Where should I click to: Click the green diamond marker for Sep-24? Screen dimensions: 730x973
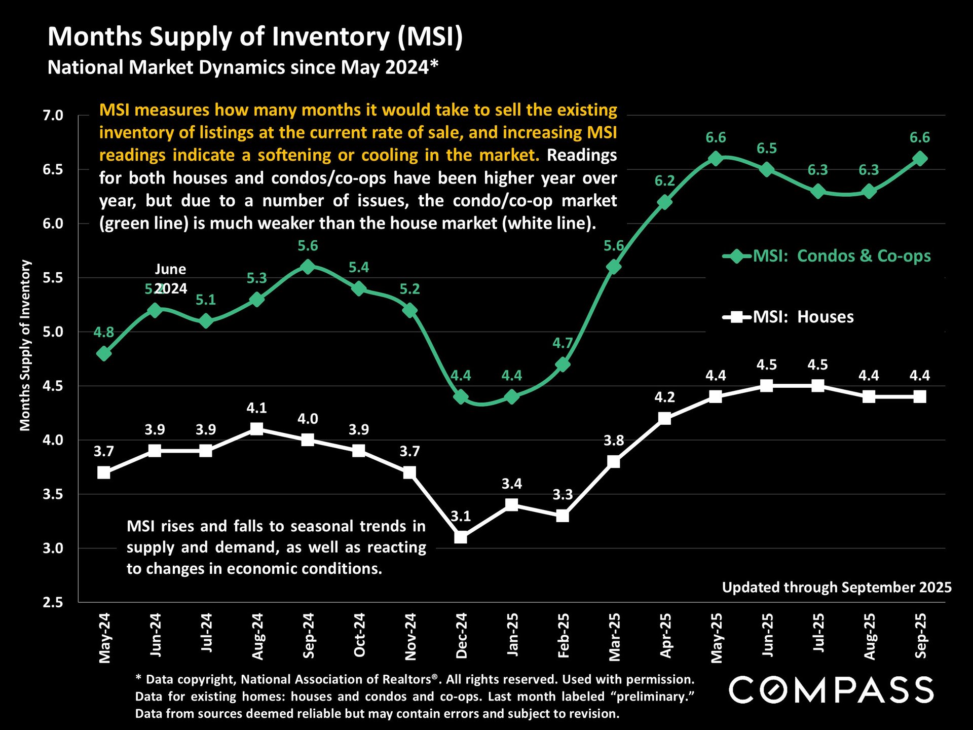pos(308,267)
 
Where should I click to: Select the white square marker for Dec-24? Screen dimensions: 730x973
pos(461,537)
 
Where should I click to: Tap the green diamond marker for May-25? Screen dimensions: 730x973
pos(716,159)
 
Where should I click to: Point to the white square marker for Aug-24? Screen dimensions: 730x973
pos(257,429)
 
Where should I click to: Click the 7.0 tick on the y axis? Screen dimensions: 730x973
pos(53,116)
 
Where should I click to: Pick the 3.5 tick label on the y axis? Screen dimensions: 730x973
pos(53,494)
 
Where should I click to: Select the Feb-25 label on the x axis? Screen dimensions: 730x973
pos(563,636)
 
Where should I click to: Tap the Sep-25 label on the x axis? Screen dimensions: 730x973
pos(920,636)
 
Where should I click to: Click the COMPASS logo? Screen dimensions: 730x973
pos(831,690)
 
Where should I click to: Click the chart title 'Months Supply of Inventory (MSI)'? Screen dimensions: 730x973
pos(255,37)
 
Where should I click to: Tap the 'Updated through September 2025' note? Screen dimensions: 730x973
pos(837,587)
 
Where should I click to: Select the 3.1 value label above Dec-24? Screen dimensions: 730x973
pos(461,516)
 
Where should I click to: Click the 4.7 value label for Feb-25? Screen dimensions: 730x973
pos(563,343)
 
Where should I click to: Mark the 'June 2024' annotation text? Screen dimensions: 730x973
pos(170,278)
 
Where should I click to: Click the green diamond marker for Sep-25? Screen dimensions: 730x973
pos(920,159)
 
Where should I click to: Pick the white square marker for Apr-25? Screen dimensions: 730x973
pos(665,418)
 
